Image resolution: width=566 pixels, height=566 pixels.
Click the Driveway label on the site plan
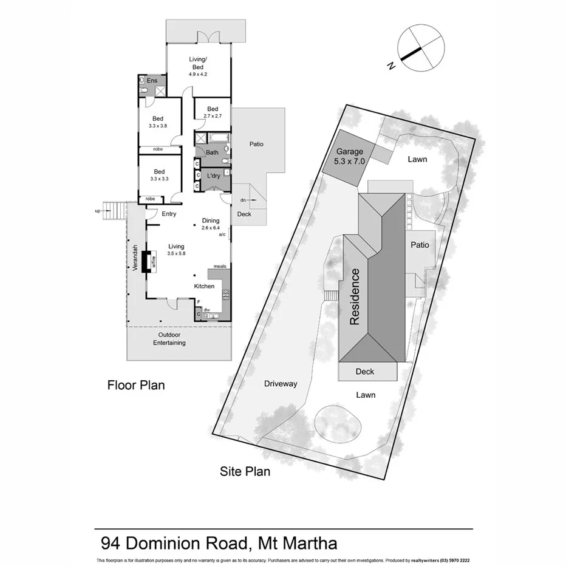tap(281, 384)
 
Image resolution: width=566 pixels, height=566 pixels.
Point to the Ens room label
tap(152, 81)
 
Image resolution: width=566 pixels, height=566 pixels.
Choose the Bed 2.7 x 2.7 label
tap(212, 112)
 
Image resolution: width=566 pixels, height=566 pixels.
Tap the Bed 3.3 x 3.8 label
tap(158, 122)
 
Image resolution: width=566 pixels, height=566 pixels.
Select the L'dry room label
tap(213, 176)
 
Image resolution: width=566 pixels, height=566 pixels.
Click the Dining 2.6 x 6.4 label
tap(210, 224)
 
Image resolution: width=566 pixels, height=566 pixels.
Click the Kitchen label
tap(204, 286)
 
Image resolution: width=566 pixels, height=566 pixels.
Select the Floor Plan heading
tap(136, 385)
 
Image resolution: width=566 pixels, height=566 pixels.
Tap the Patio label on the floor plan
tap(256, 145)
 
